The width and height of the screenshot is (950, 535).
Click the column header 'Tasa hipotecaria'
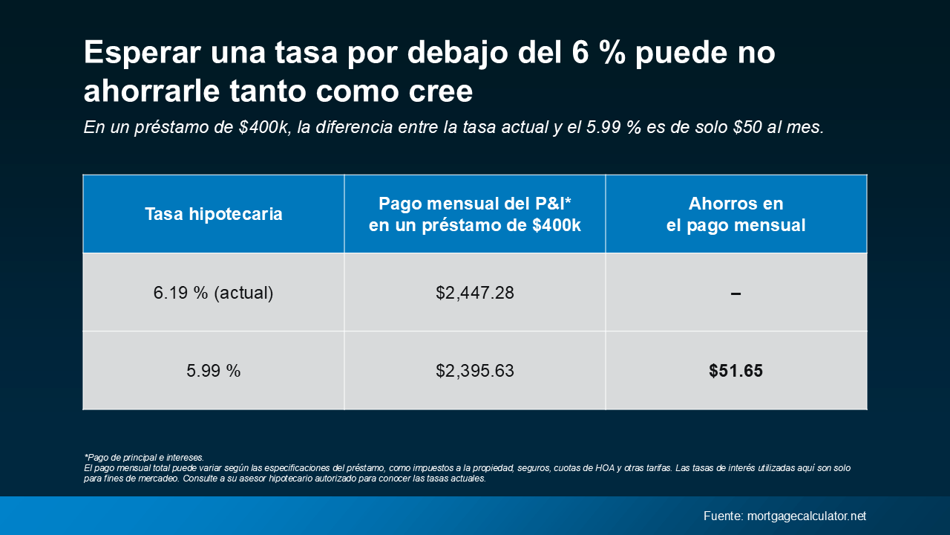pos(214,215)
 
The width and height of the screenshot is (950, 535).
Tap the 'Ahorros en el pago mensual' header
pos(736,215)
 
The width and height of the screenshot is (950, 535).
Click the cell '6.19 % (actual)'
pos(214,293)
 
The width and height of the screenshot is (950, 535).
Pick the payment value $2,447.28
pos(475,293)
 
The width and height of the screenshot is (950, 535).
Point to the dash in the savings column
pos(736,294)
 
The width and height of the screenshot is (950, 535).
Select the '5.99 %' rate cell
pos(214,371)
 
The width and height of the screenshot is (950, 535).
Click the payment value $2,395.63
pos(475,371)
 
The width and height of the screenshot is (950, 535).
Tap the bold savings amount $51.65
pos(736,371)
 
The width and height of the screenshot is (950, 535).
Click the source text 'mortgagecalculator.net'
pos(807,516)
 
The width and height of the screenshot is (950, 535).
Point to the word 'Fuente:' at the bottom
pos(723,516)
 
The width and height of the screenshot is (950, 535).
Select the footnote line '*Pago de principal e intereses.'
pos(144,458)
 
